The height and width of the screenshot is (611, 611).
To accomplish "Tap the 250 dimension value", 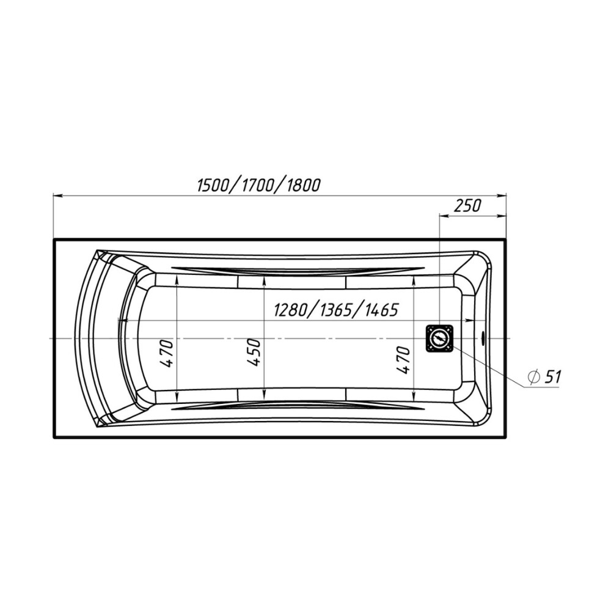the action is [x=467, y=205].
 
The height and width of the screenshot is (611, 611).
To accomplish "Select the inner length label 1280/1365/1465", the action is [x=336, y=310].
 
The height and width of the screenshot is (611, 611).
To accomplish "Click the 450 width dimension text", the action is [x=254, y=353].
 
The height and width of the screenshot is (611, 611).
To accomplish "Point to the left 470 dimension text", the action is [x=166, y=353].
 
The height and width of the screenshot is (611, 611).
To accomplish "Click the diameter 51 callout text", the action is [x=544, y=376].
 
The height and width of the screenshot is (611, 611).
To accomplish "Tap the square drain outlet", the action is [x=440, y=338].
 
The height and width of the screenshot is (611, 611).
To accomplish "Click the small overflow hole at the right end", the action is [x=483, y=338].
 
